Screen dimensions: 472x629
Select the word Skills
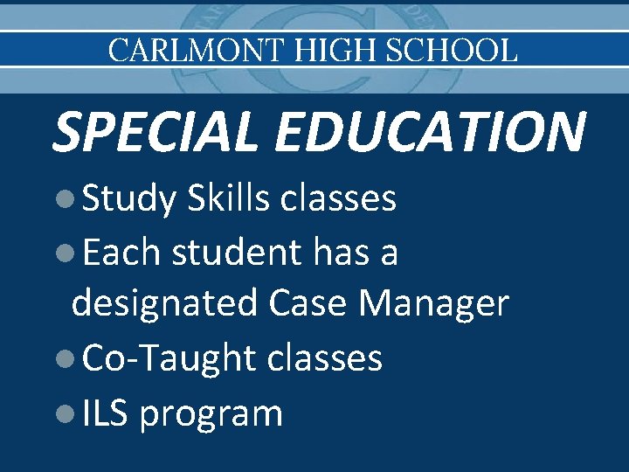click(x=228, y=198)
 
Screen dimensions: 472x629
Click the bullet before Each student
click(x=62, y=253)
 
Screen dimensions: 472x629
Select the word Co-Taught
click(x=169, y=358)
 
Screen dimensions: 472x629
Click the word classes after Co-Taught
click(x=324, y=357)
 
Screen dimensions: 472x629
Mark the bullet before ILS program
click(x=62, y=413)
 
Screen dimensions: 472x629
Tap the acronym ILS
click(x=106, y=413)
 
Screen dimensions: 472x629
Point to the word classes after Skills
click(x=338, y=198)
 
